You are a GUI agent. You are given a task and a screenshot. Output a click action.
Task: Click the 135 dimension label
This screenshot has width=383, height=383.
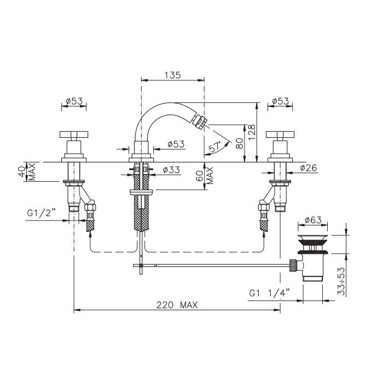[172, 75]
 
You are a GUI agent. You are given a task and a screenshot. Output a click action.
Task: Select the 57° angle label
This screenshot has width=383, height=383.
[214, 147]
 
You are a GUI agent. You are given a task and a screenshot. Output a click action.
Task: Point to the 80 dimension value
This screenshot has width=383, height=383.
[240, 143]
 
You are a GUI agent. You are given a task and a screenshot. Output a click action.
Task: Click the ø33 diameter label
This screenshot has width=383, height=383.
[171, 170]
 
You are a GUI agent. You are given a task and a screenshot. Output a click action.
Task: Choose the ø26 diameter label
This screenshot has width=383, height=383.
[308, 167]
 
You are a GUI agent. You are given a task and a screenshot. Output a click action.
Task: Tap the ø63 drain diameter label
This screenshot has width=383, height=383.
[313, 220]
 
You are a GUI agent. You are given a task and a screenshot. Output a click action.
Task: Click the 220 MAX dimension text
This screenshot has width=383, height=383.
[177, 305]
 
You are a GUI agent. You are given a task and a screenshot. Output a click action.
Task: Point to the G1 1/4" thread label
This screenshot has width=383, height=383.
[269, 293]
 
